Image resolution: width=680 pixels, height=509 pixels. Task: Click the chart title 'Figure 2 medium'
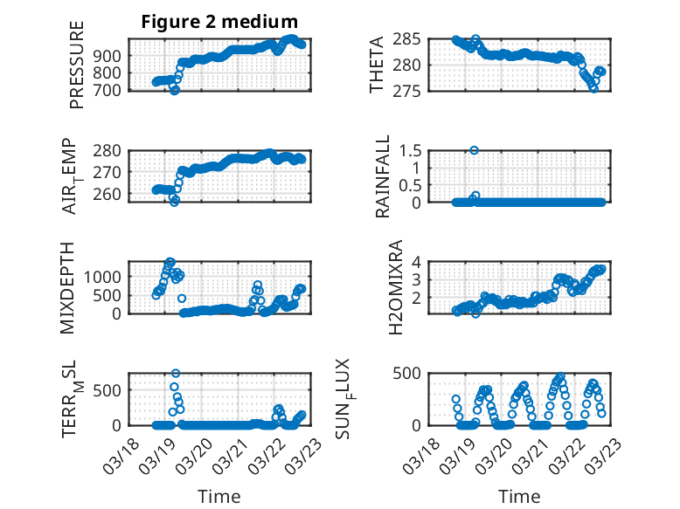pyautogui.click(x=219, y=22)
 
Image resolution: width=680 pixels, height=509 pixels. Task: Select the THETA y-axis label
pyautogui.click(x=377, y=65)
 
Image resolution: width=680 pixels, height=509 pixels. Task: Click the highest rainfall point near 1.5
pyautogui.click(x=475, y=150)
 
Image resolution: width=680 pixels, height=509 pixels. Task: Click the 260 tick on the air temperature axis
pyautogui.click(x=110, y=194)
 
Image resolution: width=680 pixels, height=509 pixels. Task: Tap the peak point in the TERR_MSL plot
pyautogui.click(x=176, y=374)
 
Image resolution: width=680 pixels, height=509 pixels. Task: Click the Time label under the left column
pyautogui.click(x=219, y=496)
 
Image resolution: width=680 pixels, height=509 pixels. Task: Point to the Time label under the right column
pyautogui.click(x=519, y=496)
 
